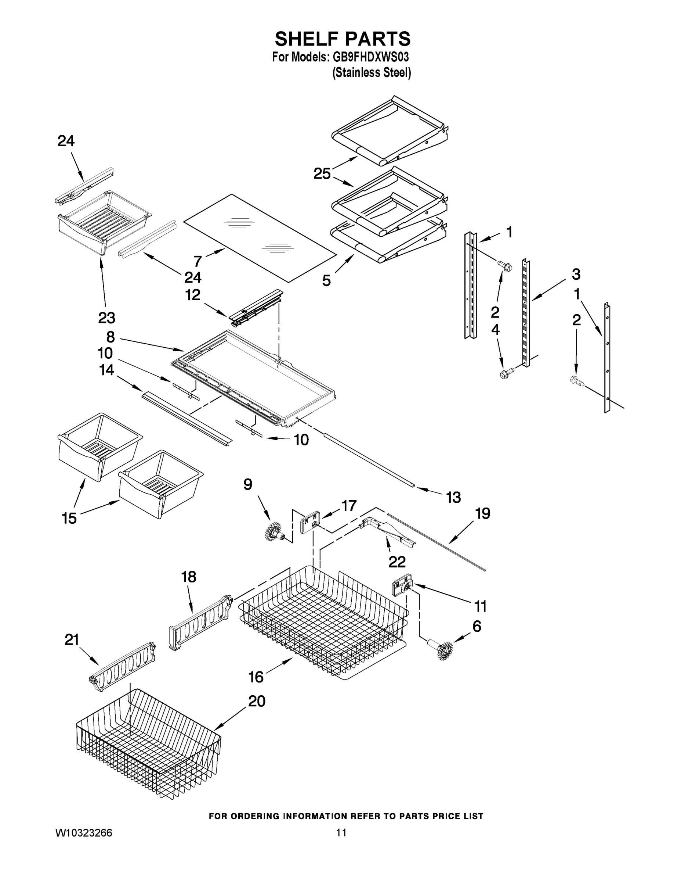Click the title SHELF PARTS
click(343, 39)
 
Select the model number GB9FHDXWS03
click(370, 57)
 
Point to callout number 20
click(257, 701)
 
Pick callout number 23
click(106, 318)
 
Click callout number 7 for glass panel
click(197, 261)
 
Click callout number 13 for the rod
click(453, 497)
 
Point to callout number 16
click(256, 677)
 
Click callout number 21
click(72, 640)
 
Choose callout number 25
click(322, 174)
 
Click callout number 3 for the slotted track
click(576, 274)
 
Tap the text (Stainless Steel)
click(371, 73)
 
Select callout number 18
click(188, 577)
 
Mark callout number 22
click(397, 562)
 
